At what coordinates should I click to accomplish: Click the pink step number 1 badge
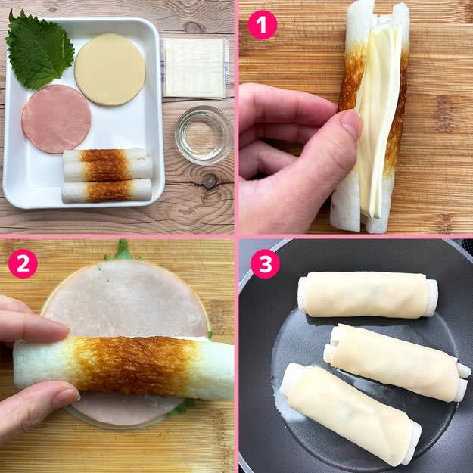(x=262, y=25)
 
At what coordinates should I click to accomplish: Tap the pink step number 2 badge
(x=23, y=263)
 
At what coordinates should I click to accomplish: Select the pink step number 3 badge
(x=265, y=263)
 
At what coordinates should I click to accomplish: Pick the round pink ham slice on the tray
(x=56, y=119)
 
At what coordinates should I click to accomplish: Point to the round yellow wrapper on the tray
(x=110, y=70)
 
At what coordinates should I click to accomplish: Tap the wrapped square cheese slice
(x=194, y=68)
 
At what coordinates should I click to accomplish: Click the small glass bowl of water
(x=204, y=135)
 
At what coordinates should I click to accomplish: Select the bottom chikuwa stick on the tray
(x=107, y=191)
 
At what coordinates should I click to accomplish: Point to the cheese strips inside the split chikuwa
(x=377, y=120)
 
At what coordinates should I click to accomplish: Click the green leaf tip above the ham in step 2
(x=122, y=251)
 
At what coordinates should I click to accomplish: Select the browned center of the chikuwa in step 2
(x=135, y=366)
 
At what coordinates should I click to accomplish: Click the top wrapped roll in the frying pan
(x=367, y=294)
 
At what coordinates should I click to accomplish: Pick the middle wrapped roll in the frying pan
(x=397, y=362)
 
